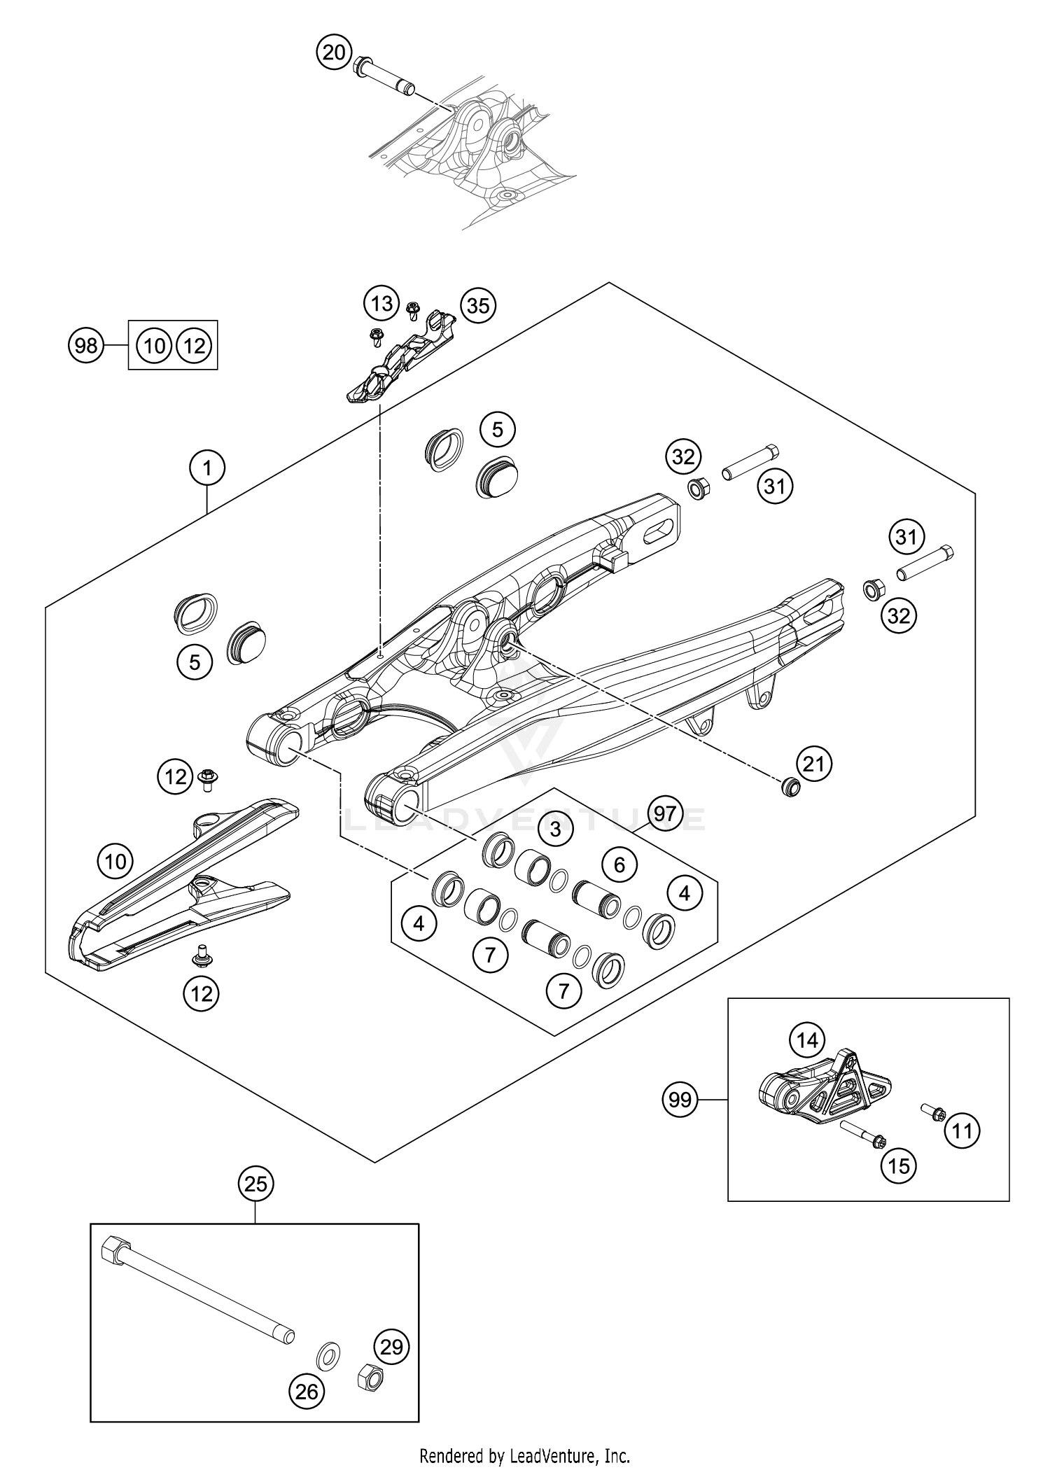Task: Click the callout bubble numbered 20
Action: pyautogui.click(x=335, y=52)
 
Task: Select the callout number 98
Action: pyautogui.click(x=87, y=346)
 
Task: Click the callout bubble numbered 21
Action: pyautogui.click(x=813, y=764)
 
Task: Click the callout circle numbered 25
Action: pyautogui.click(x=256, y=1184)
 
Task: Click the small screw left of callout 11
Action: pyautogui.click(x=932, y=1112)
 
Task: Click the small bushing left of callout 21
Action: pyautogui.click(x=790, y=786)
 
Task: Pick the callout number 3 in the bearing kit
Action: pyautogui.click(x=555, y=830)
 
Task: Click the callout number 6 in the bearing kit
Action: pyautogui.click(x=619, y=864)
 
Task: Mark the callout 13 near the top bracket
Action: pyautogui.click(x=381, y=304)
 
